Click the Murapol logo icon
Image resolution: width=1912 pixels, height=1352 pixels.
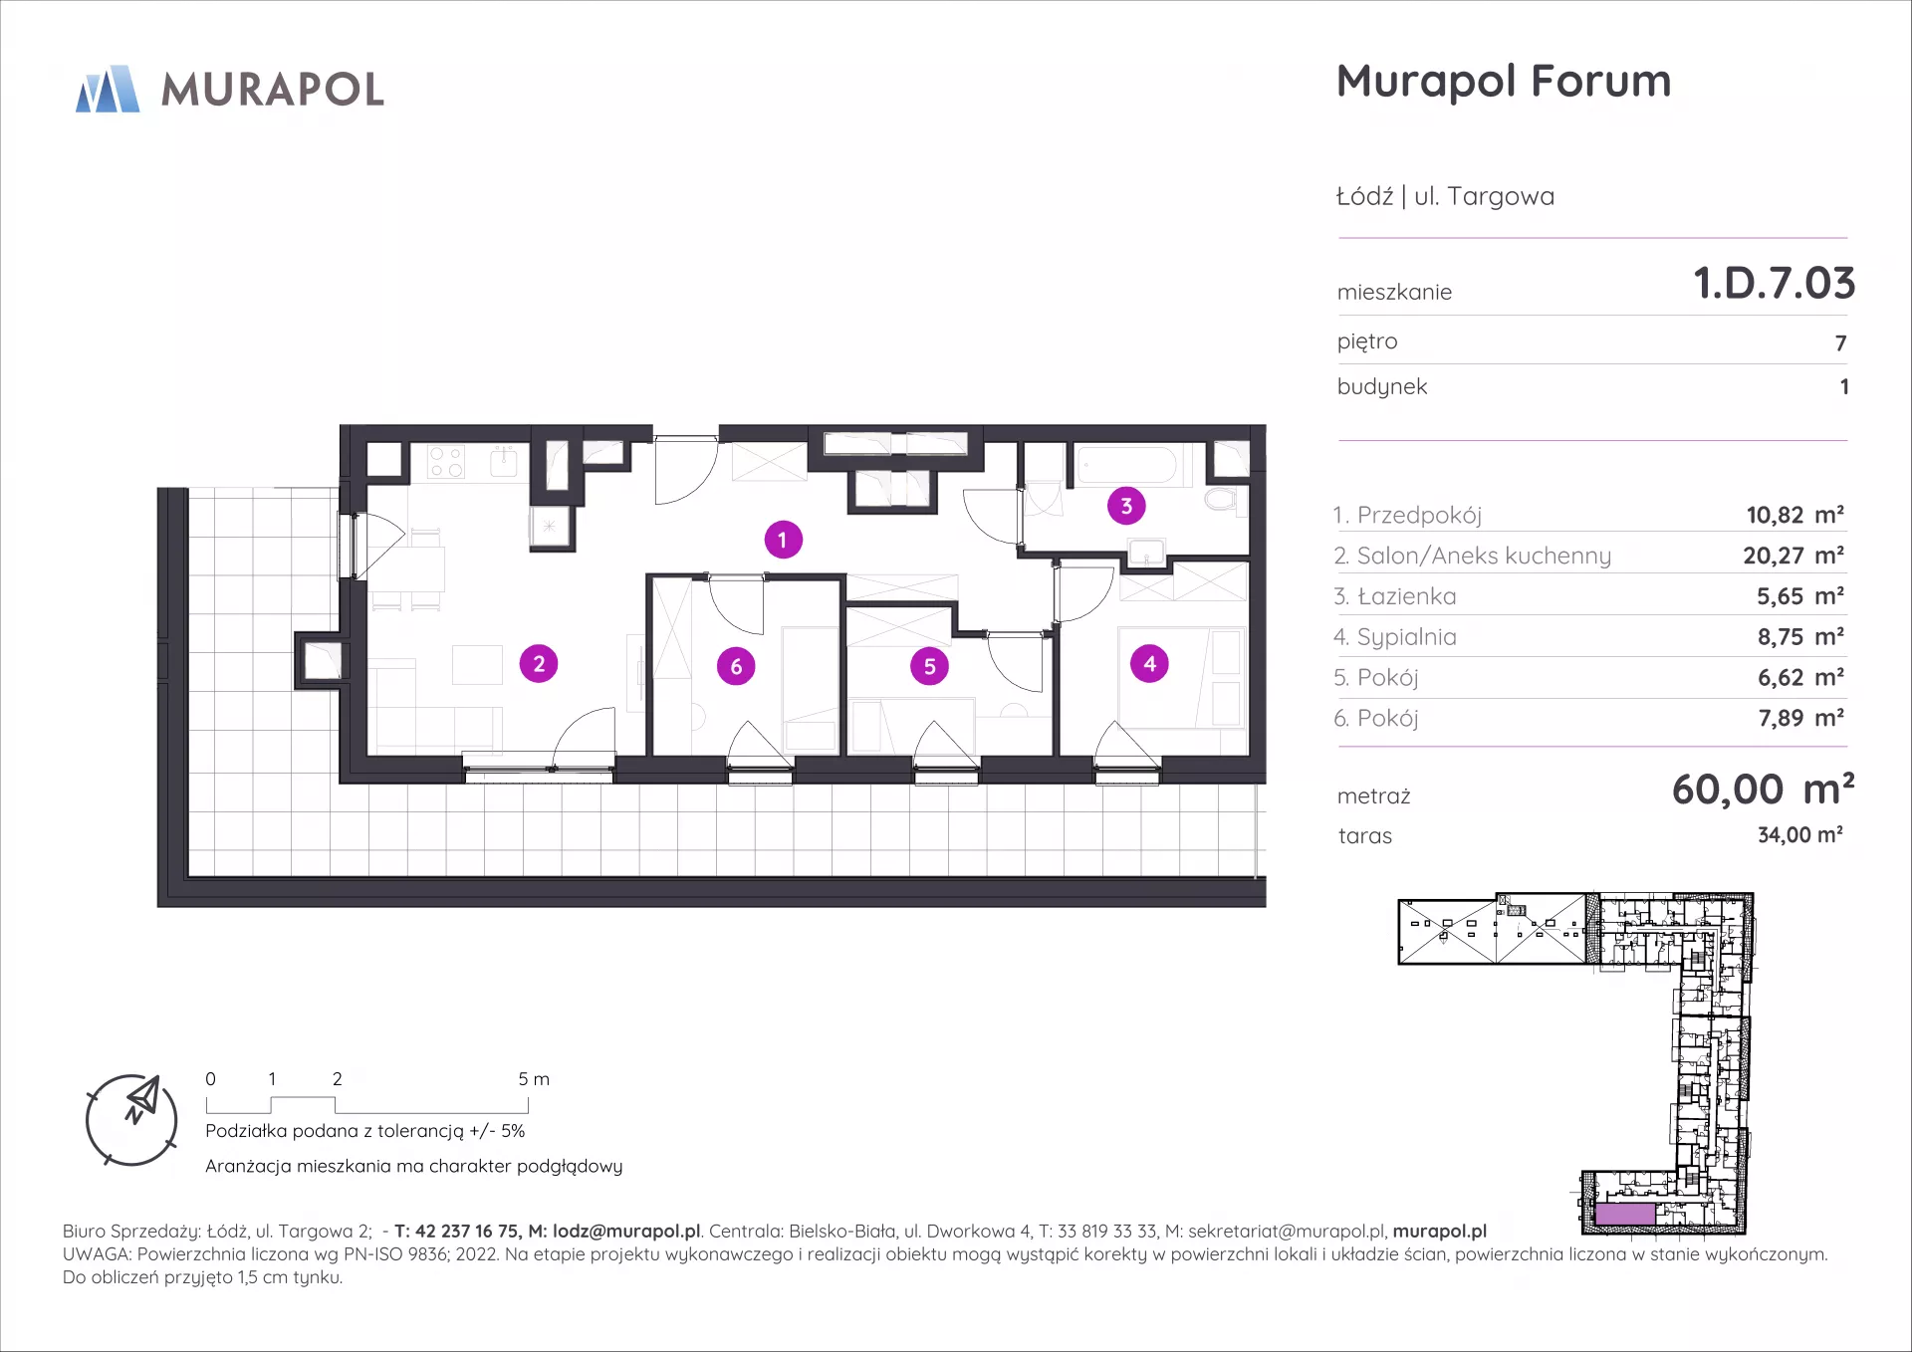(x=108, y=89)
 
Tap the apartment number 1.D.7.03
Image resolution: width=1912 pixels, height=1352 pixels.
(x=1775, y=284)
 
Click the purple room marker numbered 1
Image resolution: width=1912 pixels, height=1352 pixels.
(x=783, y=540)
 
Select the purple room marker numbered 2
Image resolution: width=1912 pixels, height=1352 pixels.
(x=539, y=664)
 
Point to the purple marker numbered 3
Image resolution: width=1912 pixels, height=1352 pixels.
(x=1126, y=506)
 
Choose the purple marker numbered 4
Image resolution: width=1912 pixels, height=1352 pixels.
(x=1150, y=664)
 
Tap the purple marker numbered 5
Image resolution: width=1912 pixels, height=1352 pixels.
(x=929, y=667)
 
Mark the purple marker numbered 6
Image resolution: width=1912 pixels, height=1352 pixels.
(x=736, y=667)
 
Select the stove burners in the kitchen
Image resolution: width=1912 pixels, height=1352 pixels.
(x=445, y=461)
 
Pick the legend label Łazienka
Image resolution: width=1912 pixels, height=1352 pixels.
(x=1406, y=596)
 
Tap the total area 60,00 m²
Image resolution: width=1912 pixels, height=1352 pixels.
(x=1763, y=789)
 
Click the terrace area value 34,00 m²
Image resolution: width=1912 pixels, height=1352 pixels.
(x=1799, y=835)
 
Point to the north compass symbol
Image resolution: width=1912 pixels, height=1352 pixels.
(x=132, y=1119)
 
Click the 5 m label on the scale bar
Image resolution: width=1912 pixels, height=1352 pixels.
(x=534, y=1079)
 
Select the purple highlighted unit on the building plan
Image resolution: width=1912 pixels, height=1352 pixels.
(x=1625, y=1214)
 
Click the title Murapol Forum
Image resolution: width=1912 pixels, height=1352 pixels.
(x=1504, y=82)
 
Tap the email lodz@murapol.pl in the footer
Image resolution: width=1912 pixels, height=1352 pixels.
(x=626, y=1232)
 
